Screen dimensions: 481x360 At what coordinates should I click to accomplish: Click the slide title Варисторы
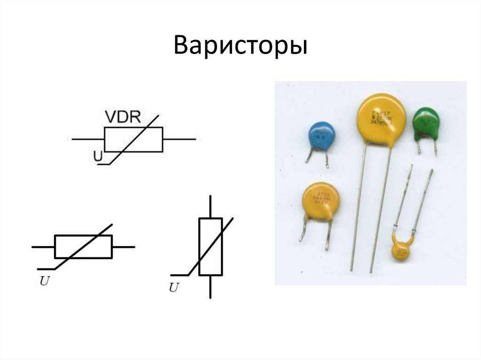pos(240,46)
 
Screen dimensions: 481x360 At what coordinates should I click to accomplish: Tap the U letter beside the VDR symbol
pos(98,157)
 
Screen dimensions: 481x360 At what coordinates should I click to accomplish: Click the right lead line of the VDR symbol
pos(179,139)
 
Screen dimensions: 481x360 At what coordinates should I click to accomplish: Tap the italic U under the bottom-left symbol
pos(44,282)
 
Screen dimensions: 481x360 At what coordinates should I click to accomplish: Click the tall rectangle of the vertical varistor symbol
pos(210,246)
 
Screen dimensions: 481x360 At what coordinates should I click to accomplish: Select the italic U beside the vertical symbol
pos(174,288)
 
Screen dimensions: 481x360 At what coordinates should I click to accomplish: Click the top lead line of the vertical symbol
pos(210,207)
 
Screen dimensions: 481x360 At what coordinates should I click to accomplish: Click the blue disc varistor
pos(322,136)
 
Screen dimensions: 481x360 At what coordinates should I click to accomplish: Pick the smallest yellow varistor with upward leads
pos(402,250)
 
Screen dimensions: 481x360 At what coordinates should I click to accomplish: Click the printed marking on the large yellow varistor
pos(381,117)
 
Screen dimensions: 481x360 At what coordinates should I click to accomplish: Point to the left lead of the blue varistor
pos(310,154)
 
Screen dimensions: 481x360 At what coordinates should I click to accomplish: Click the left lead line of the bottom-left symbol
pos(43,246)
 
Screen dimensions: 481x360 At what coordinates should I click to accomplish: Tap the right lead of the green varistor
pos(435,149)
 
